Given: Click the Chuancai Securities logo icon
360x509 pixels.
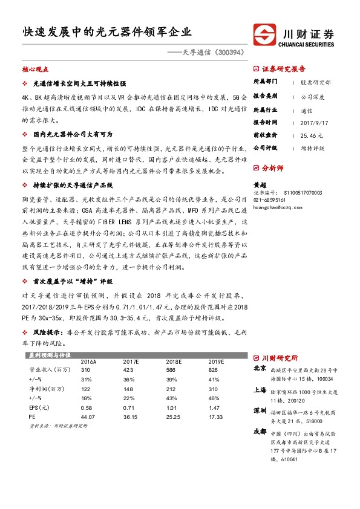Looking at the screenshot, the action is (263, 37).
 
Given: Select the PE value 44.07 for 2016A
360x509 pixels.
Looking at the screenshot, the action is (88, 417).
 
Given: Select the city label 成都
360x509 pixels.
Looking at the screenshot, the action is (260, 432).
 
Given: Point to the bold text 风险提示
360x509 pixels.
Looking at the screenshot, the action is (47, 332).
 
